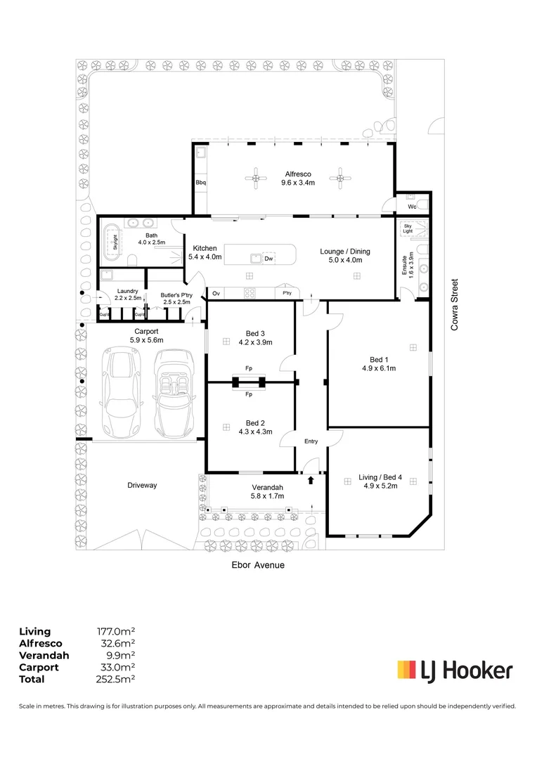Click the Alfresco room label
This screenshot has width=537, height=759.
pyautogui.click(x=298, y=174)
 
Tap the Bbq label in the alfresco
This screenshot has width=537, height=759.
pyautogui.click(x=201, y=183)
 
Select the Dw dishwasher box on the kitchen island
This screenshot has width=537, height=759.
pyautogui.click(x=268, y=259)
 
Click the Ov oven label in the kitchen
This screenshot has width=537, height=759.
pyautogui.click(x=216, y=293)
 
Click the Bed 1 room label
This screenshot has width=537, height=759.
pyautogui.click(x=379, y=360)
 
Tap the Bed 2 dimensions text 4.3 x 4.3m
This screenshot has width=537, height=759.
pyautogui.click(x=255, y=432)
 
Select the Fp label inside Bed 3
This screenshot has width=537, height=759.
pyautogui.click(x=249, y=368)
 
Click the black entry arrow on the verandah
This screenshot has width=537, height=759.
pyautogui.click(x=311, y=480)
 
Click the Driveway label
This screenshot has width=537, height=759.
pyautogui.click(x=142, y=485)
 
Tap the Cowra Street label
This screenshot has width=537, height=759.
pyautogui.click(x=454, y=305)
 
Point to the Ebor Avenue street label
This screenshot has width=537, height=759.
pyautogui.click(x=258, y=565)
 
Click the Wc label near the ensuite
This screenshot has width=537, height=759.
pyautogui.click(x=412, y=207)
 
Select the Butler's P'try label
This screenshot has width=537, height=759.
pyautogui.click(x=176, y=294)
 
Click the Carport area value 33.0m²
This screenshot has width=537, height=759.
pyautogui.click(x=117, y=667)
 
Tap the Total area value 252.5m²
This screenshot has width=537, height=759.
pyautogui.click(x=115, y=679)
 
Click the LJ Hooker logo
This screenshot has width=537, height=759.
pyautogui.click(x=455, y=671)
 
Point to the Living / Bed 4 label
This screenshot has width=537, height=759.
pyautogui.click(x=380, y=477)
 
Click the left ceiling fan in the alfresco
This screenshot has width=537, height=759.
pyautogui.click(x=256, y=179)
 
